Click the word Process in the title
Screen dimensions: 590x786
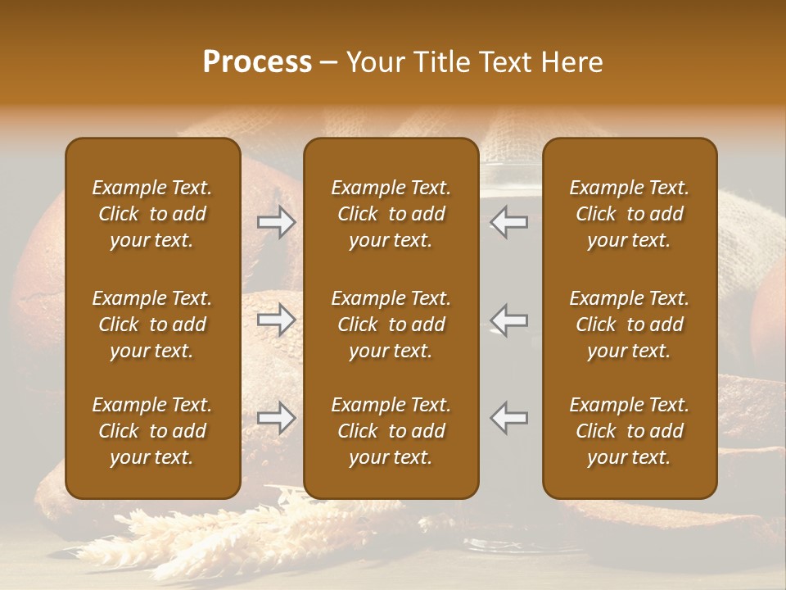tap(257, 62)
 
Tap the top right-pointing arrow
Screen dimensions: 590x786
tap(277, 222)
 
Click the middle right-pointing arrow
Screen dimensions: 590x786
tap(277, 320)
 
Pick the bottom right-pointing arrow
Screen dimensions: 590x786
tap(277, 418)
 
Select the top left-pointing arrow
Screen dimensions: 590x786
tap(509, 222)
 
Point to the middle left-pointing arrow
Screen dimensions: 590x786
tap(509, 320)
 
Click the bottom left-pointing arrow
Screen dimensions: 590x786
tap(509, 418)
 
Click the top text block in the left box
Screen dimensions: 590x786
tap(152, 214)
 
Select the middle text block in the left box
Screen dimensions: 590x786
tap(152, 324)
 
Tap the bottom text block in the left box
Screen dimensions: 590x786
tap(152, 431)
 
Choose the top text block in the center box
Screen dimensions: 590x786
tap(391, 214)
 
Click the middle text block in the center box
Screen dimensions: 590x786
tap(391, 324)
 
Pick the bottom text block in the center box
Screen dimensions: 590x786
tap(391, 431)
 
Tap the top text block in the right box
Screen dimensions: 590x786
tap(629, 214)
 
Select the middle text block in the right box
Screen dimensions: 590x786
tap(629, 324)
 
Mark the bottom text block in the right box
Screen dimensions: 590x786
tap(629, 431)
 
